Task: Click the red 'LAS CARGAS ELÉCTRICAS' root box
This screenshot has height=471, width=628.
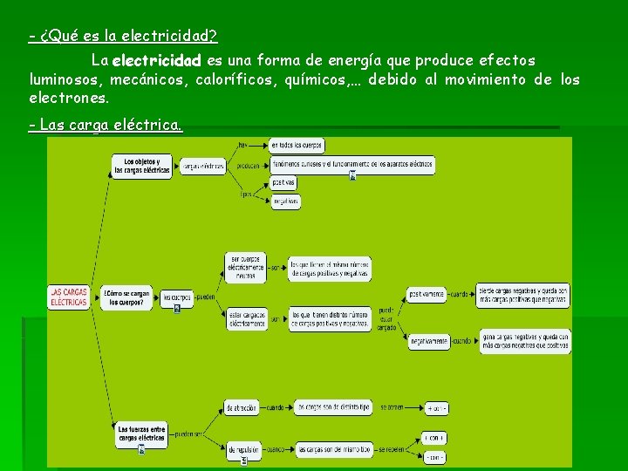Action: coord(69,297)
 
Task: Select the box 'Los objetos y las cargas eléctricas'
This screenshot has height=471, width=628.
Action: coord(142,166)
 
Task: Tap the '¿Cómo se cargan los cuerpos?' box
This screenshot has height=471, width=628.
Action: coord(130,297)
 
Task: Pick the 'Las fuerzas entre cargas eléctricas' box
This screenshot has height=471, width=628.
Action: coord(141,433)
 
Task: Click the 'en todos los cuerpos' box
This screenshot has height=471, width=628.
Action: coord(297,145)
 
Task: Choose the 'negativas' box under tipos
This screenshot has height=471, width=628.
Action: coord(285,201)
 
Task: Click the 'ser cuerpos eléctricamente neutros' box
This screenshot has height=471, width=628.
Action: coord(246,268)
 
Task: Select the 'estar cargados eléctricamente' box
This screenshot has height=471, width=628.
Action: coord(247,318)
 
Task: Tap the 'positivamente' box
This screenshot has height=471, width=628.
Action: coord(427,294)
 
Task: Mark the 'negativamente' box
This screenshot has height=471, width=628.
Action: coord(428,341)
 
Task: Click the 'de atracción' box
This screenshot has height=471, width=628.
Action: coord(243,407)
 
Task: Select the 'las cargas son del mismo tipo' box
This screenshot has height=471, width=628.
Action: coord(334,448)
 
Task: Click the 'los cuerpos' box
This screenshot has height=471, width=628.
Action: coord(177,298)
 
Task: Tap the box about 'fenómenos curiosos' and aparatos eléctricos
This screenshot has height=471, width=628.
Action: coord(352,163)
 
